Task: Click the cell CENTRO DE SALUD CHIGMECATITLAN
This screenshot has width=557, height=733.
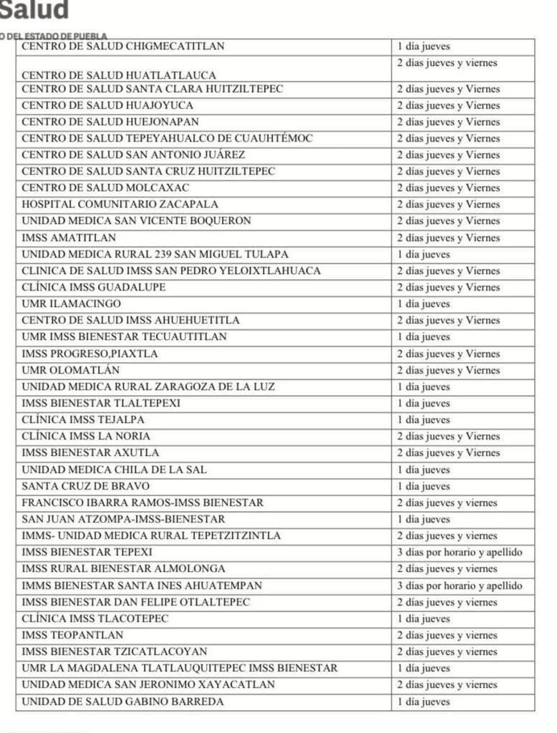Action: tap(123, 47)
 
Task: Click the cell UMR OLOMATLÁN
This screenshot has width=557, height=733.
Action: tap(71, 370)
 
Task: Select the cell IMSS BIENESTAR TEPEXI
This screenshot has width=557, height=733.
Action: tap(87, 553)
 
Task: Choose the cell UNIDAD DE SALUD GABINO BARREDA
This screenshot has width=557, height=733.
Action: tap(122, 702)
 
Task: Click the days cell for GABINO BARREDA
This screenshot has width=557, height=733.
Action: tap(424, 702)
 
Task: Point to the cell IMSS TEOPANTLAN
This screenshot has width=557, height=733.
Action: tap(72, 635)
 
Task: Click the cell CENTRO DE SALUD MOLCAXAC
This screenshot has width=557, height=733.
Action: tap(105, 188)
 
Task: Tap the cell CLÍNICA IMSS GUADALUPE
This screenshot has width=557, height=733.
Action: tap(94, 287)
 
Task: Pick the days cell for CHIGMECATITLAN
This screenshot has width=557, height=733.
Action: tap(424, 47)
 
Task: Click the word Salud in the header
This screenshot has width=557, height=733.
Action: tap(34, 11)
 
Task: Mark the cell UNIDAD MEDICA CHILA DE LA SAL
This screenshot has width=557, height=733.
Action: tap(115, 470)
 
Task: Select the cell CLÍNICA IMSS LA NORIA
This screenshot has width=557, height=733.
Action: tap(86, 436)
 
